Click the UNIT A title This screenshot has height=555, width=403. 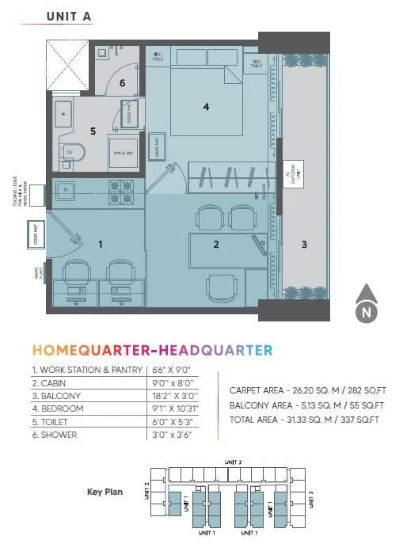coord(74,15)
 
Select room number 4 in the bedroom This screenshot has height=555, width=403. coord(206,108)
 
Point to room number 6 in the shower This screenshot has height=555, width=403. coord(123,82)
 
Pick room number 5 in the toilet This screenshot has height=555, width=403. coord(93,131)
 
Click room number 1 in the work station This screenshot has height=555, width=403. coord(101,245)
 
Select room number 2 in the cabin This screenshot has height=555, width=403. coord(215,245)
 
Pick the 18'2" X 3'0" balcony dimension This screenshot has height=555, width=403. coord(172,395)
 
